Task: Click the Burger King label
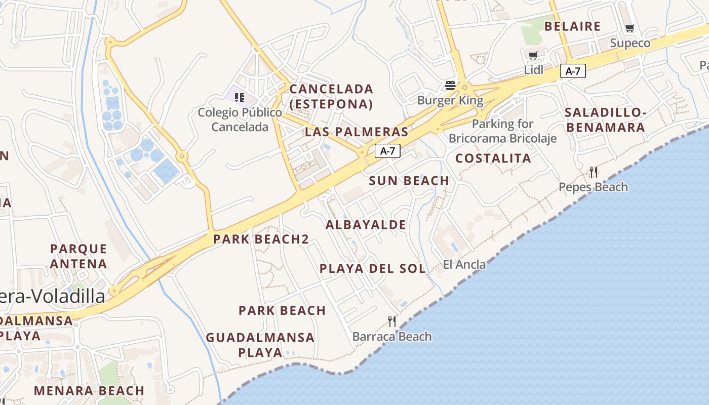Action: coord(450,100)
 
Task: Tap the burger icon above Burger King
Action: coord(450,85)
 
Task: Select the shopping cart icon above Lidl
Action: coord(533,55)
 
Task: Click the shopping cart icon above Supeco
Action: coord(629,28)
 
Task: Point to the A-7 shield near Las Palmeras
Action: coord(387,150)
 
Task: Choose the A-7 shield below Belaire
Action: coord(573,71)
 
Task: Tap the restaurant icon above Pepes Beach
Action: coord(594,172)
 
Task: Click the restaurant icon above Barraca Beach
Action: coord(391,321)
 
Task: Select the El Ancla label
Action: coord(464,264)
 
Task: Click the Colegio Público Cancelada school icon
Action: coord(240,97)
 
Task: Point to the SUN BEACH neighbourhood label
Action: coord(409,181)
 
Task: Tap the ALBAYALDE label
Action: coord(366,225)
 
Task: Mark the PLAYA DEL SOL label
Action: coord(373,268)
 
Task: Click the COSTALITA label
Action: coord(493,158)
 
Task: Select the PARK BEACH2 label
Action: coord(261,239)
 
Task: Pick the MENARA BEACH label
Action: coord(89,391)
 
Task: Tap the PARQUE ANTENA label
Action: coord(78,256)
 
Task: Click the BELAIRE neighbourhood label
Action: coord(572,26)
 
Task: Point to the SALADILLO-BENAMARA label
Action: coord(605,119)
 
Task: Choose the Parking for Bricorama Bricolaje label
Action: coord(502,131)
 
